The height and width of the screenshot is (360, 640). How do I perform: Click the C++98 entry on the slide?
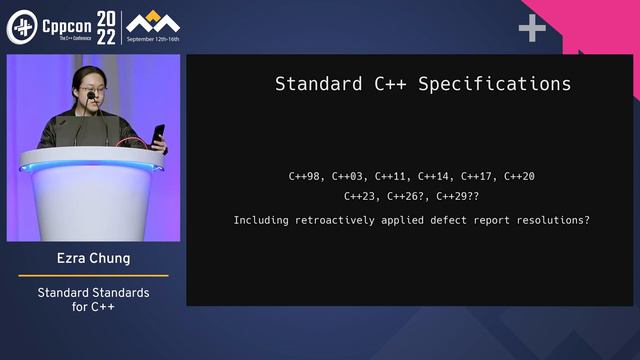click(305, 177)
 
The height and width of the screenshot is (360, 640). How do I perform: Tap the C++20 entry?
click(519, 177)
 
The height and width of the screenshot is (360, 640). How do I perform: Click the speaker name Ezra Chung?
click(93, 259)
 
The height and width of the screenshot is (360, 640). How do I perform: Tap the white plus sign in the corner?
click(532, 28)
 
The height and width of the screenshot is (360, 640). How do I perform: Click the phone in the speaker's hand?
click(158, 132)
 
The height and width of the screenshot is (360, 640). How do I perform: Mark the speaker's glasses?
click(94, 93)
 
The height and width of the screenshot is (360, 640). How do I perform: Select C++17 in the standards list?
click(476, 177)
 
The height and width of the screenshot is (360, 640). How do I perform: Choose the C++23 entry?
click(361, 197)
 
